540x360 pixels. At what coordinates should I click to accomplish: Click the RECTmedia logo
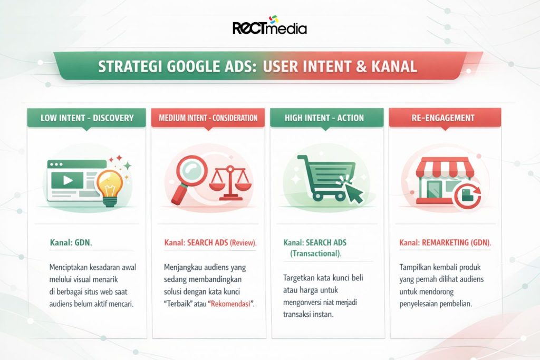[x=269, y=26]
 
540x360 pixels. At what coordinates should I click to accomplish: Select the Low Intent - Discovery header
[x=87, y=118]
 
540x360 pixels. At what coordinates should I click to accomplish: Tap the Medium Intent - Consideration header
[x=208, y=118]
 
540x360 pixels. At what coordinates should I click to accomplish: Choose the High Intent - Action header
[x=324, y=118]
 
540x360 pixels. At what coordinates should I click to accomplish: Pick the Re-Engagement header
[x=445, y=118]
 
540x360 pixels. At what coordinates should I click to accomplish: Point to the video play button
[x=67, y=180]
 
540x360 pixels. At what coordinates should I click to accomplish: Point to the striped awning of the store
[x=442, y=167]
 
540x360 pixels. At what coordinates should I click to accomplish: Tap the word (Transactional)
[x=315, y=254]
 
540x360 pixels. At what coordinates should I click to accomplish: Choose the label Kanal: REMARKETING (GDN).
[x=445, y=242]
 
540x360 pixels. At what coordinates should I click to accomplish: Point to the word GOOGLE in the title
[x=200, y=66]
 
